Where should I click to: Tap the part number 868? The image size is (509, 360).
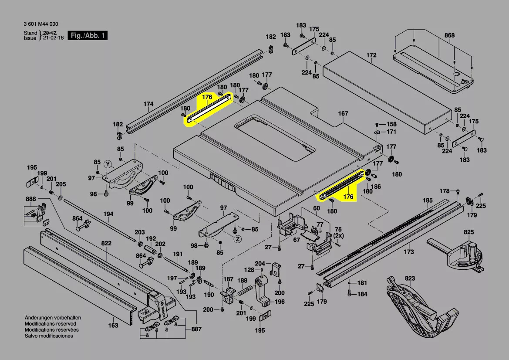(449, 35)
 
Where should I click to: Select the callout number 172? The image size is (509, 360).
(371, 55)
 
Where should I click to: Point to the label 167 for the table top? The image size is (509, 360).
(343, 114)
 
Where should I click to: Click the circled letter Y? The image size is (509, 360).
(109, 164)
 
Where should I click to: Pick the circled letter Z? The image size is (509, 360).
(237, 239)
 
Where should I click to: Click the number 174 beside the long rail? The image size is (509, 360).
(148, 104)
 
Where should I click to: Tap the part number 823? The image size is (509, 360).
(410, 278)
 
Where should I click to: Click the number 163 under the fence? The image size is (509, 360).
(113, 325)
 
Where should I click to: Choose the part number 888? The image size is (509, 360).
(30, 199)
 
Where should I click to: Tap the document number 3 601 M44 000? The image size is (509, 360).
(40, 24)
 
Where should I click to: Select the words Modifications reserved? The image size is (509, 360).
(50, 324)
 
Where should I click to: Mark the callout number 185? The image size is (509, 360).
(428, 201)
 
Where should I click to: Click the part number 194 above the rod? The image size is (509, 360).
(108, 214)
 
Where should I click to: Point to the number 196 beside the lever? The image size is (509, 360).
(280, 302)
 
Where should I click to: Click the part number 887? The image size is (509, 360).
(196, 329)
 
